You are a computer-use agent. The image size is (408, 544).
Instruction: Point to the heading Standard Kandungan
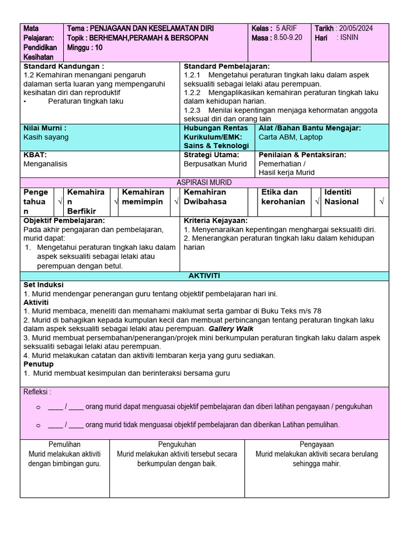pyautogui.click(x=63, y=66)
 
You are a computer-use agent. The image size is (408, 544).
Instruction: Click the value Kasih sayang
pyautogui.click(x=46, y=137)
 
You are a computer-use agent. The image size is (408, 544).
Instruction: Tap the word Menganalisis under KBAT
pyautogui.click(x=45, y=164)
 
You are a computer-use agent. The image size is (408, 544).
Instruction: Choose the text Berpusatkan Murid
pyautogui.click(x=215, y=164)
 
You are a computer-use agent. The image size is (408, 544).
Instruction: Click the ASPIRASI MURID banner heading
pyautogui.click(x=204, y=182)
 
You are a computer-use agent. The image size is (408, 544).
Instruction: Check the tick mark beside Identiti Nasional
pyautogui.click(x=382, y=202)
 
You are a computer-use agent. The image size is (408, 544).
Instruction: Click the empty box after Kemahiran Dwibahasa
pyautogui.click(x=253, y=202)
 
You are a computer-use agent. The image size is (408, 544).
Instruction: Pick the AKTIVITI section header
pyautogui.click(x=204, y=276)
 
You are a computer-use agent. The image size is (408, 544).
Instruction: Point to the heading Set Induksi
pyautogui.click(x=44, y=285)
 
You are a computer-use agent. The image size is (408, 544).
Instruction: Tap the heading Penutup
pyautogui.click(x=38, y=364)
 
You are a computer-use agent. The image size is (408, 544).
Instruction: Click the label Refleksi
pyautogui.click(x=37, y=392)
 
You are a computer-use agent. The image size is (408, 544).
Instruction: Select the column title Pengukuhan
pyautogui.click(x=177, y=444)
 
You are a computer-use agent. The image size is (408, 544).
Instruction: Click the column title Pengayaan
pyautogui.click(x=317, y=444)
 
